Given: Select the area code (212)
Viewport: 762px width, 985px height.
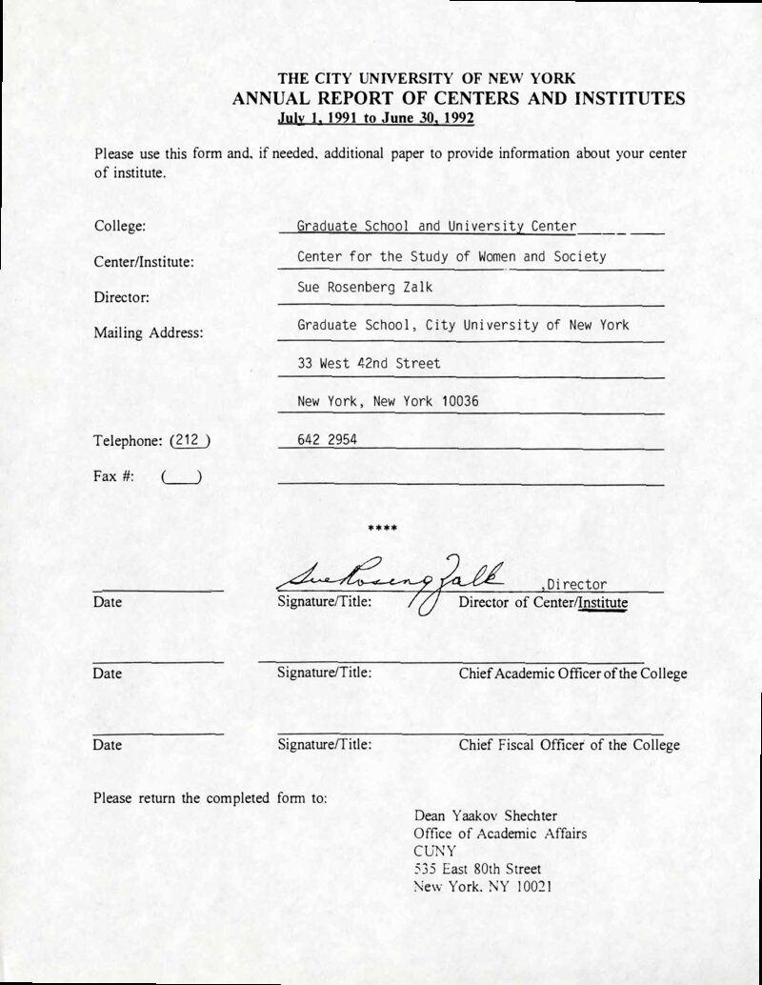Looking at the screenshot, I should tap(189, 441).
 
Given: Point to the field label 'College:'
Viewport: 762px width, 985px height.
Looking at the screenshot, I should tap(120, 227).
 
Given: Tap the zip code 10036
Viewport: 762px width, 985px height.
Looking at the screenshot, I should tap(460, 402).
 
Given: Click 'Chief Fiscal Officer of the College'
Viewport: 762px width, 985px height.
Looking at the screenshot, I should tap(569, 745).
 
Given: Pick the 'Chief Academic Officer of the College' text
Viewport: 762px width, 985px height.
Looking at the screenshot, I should tap(572, 673).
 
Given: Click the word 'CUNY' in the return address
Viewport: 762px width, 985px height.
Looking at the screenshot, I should tap(434, 851).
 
